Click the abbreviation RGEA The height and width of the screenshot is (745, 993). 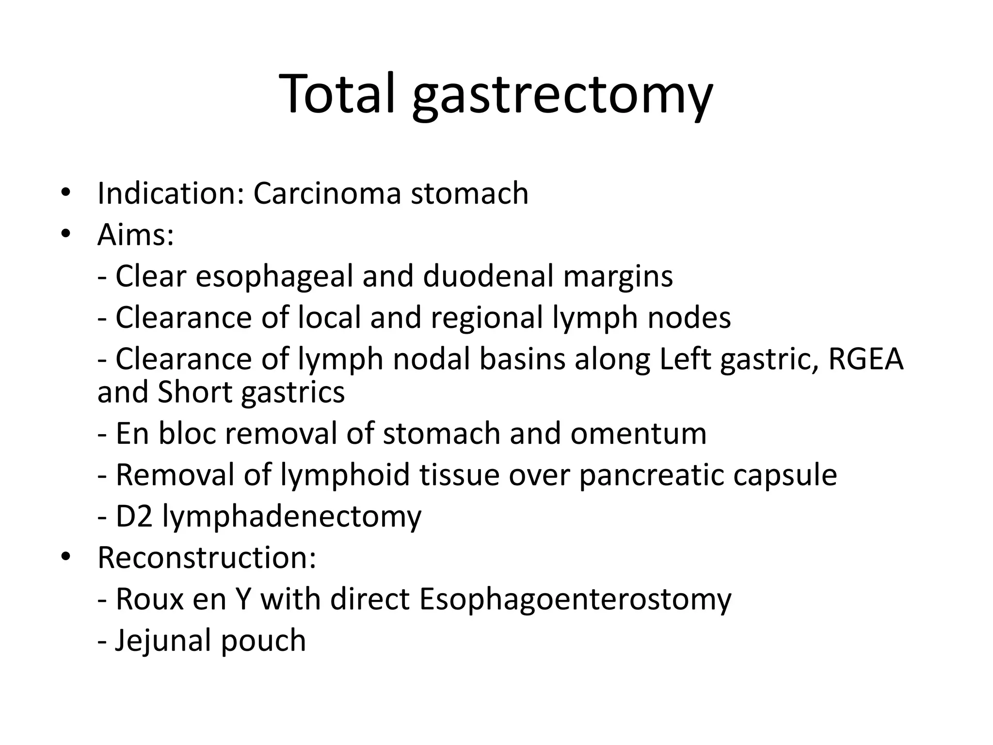[866, 359]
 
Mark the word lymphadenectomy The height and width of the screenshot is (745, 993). [291, 517]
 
